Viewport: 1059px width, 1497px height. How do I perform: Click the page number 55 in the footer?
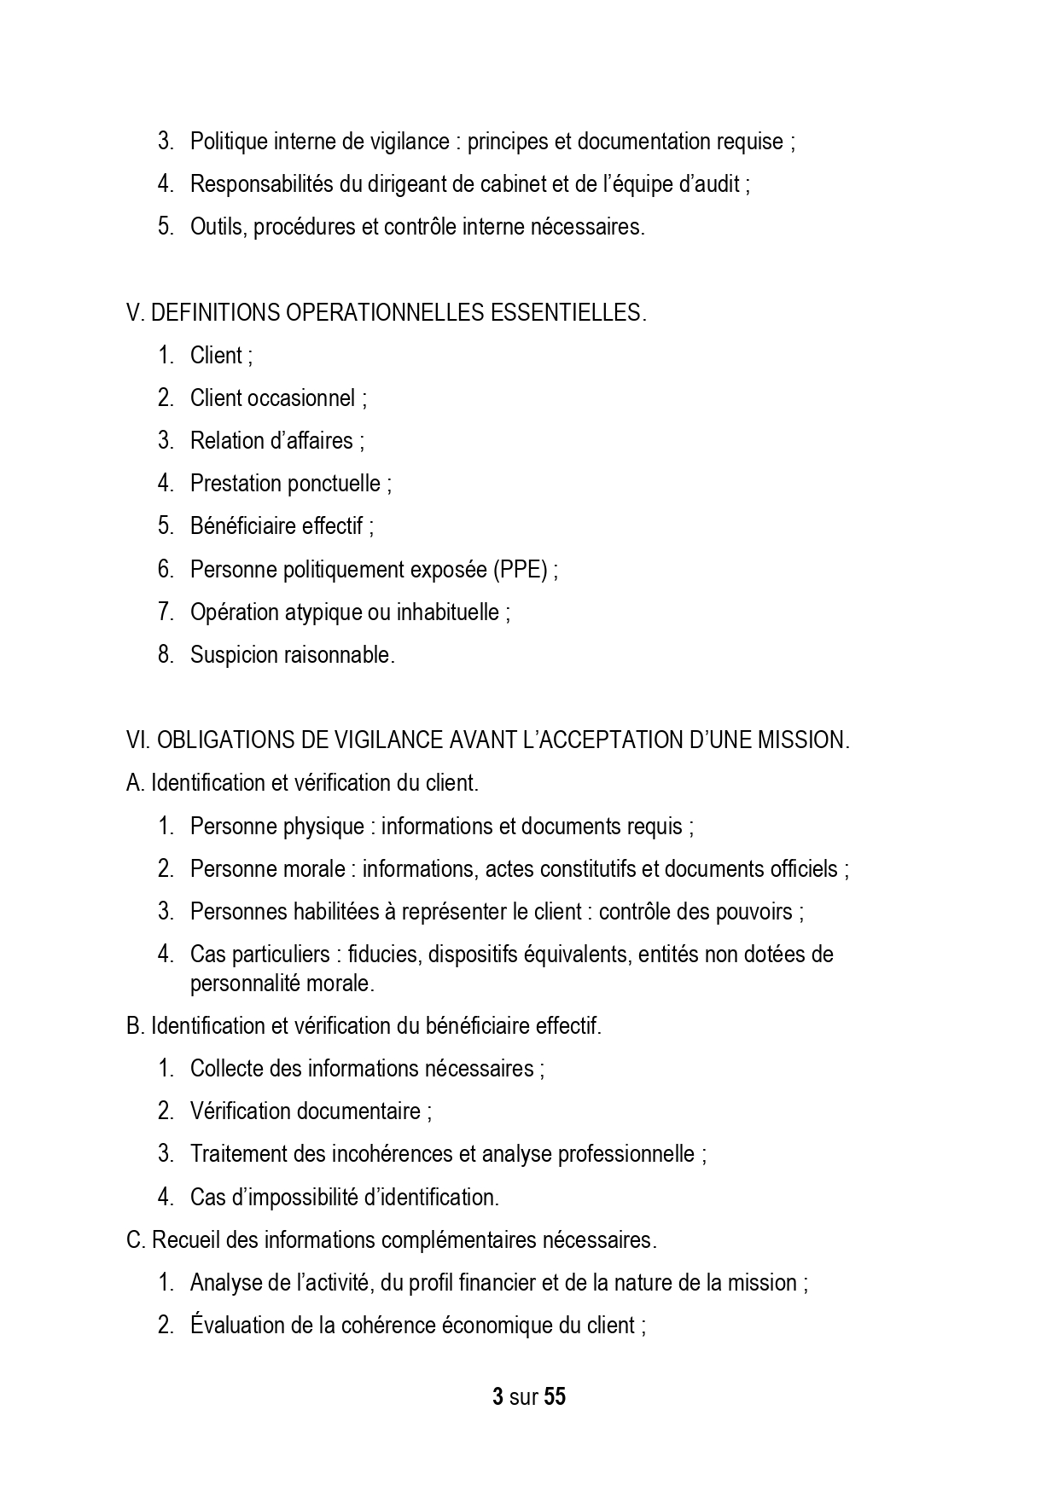click(555, 1397)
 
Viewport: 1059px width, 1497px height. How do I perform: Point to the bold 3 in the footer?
click(497, 1397)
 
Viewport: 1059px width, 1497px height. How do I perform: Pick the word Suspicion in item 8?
click(227, 655)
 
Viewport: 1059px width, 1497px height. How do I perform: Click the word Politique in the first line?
click(228, 142)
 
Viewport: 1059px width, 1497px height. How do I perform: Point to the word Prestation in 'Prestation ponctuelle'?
click(236, 484)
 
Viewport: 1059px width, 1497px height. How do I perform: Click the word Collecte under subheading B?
click(226, 1068)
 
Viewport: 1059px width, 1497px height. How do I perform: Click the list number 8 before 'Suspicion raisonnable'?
click(165, 655)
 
